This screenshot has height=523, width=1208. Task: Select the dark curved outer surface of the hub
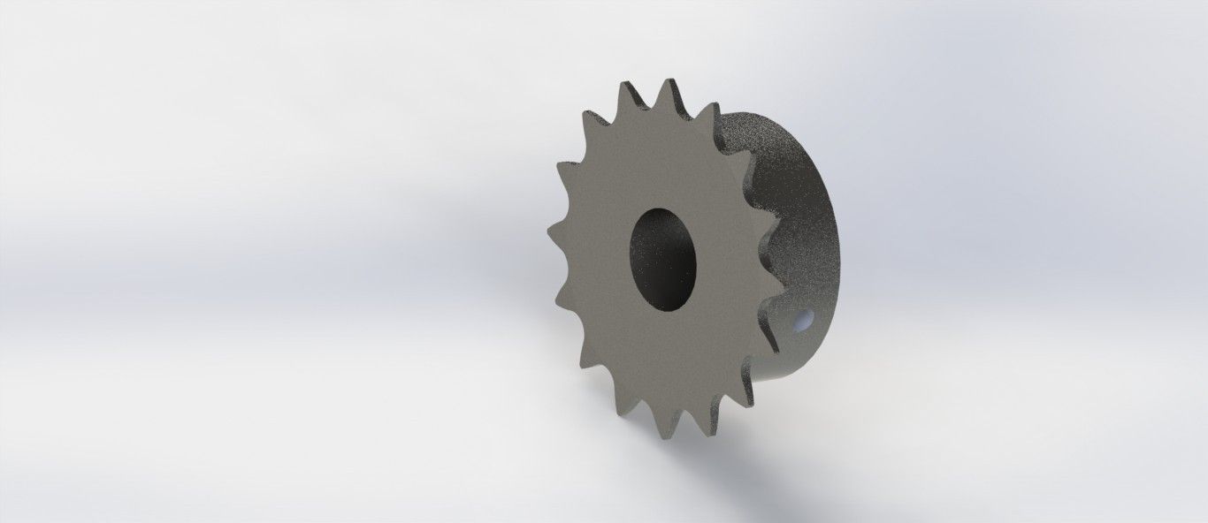click(x=800, y=212)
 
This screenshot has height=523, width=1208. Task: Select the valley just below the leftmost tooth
click(x=566, y=265)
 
